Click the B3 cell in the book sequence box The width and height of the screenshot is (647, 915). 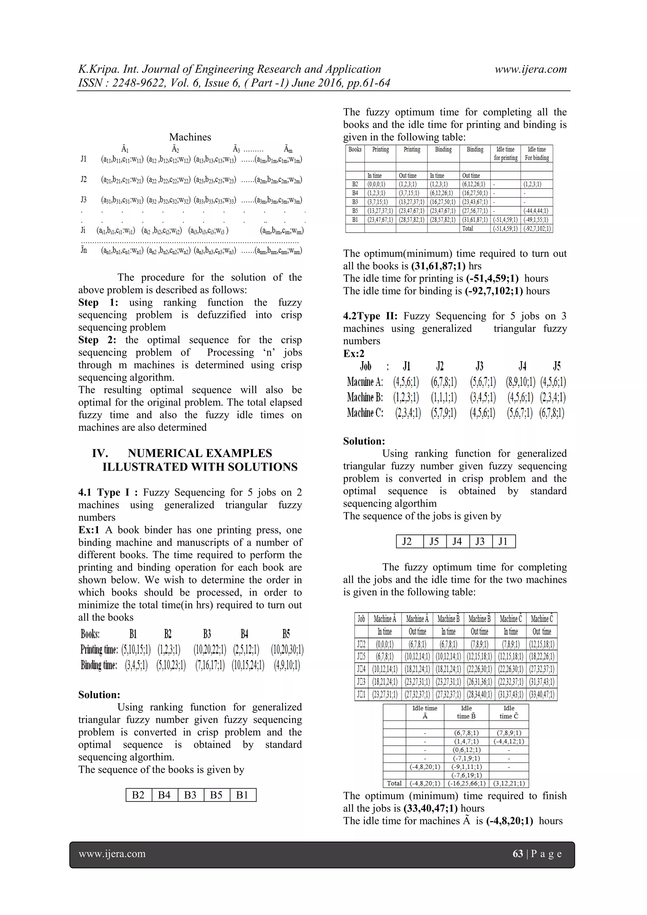tap(190, 795)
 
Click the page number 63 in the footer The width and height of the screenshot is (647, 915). tap(517, 854)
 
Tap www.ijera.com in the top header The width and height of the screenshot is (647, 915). tap(530, 69)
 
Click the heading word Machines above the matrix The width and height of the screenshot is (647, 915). tap(190, 137)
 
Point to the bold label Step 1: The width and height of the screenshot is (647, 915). tap(98, 302)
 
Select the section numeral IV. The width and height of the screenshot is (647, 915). tap(100, 453)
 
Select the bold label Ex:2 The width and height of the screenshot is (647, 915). tap(354, 353)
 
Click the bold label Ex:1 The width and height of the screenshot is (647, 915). tap(88, 530)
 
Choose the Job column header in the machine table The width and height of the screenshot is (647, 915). tap(361, 619)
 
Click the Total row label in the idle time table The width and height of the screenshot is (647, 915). tap(394, 783)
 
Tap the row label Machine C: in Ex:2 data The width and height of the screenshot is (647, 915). tap(365, 413)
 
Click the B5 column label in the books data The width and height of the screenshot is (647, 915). tap(286, 634)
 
